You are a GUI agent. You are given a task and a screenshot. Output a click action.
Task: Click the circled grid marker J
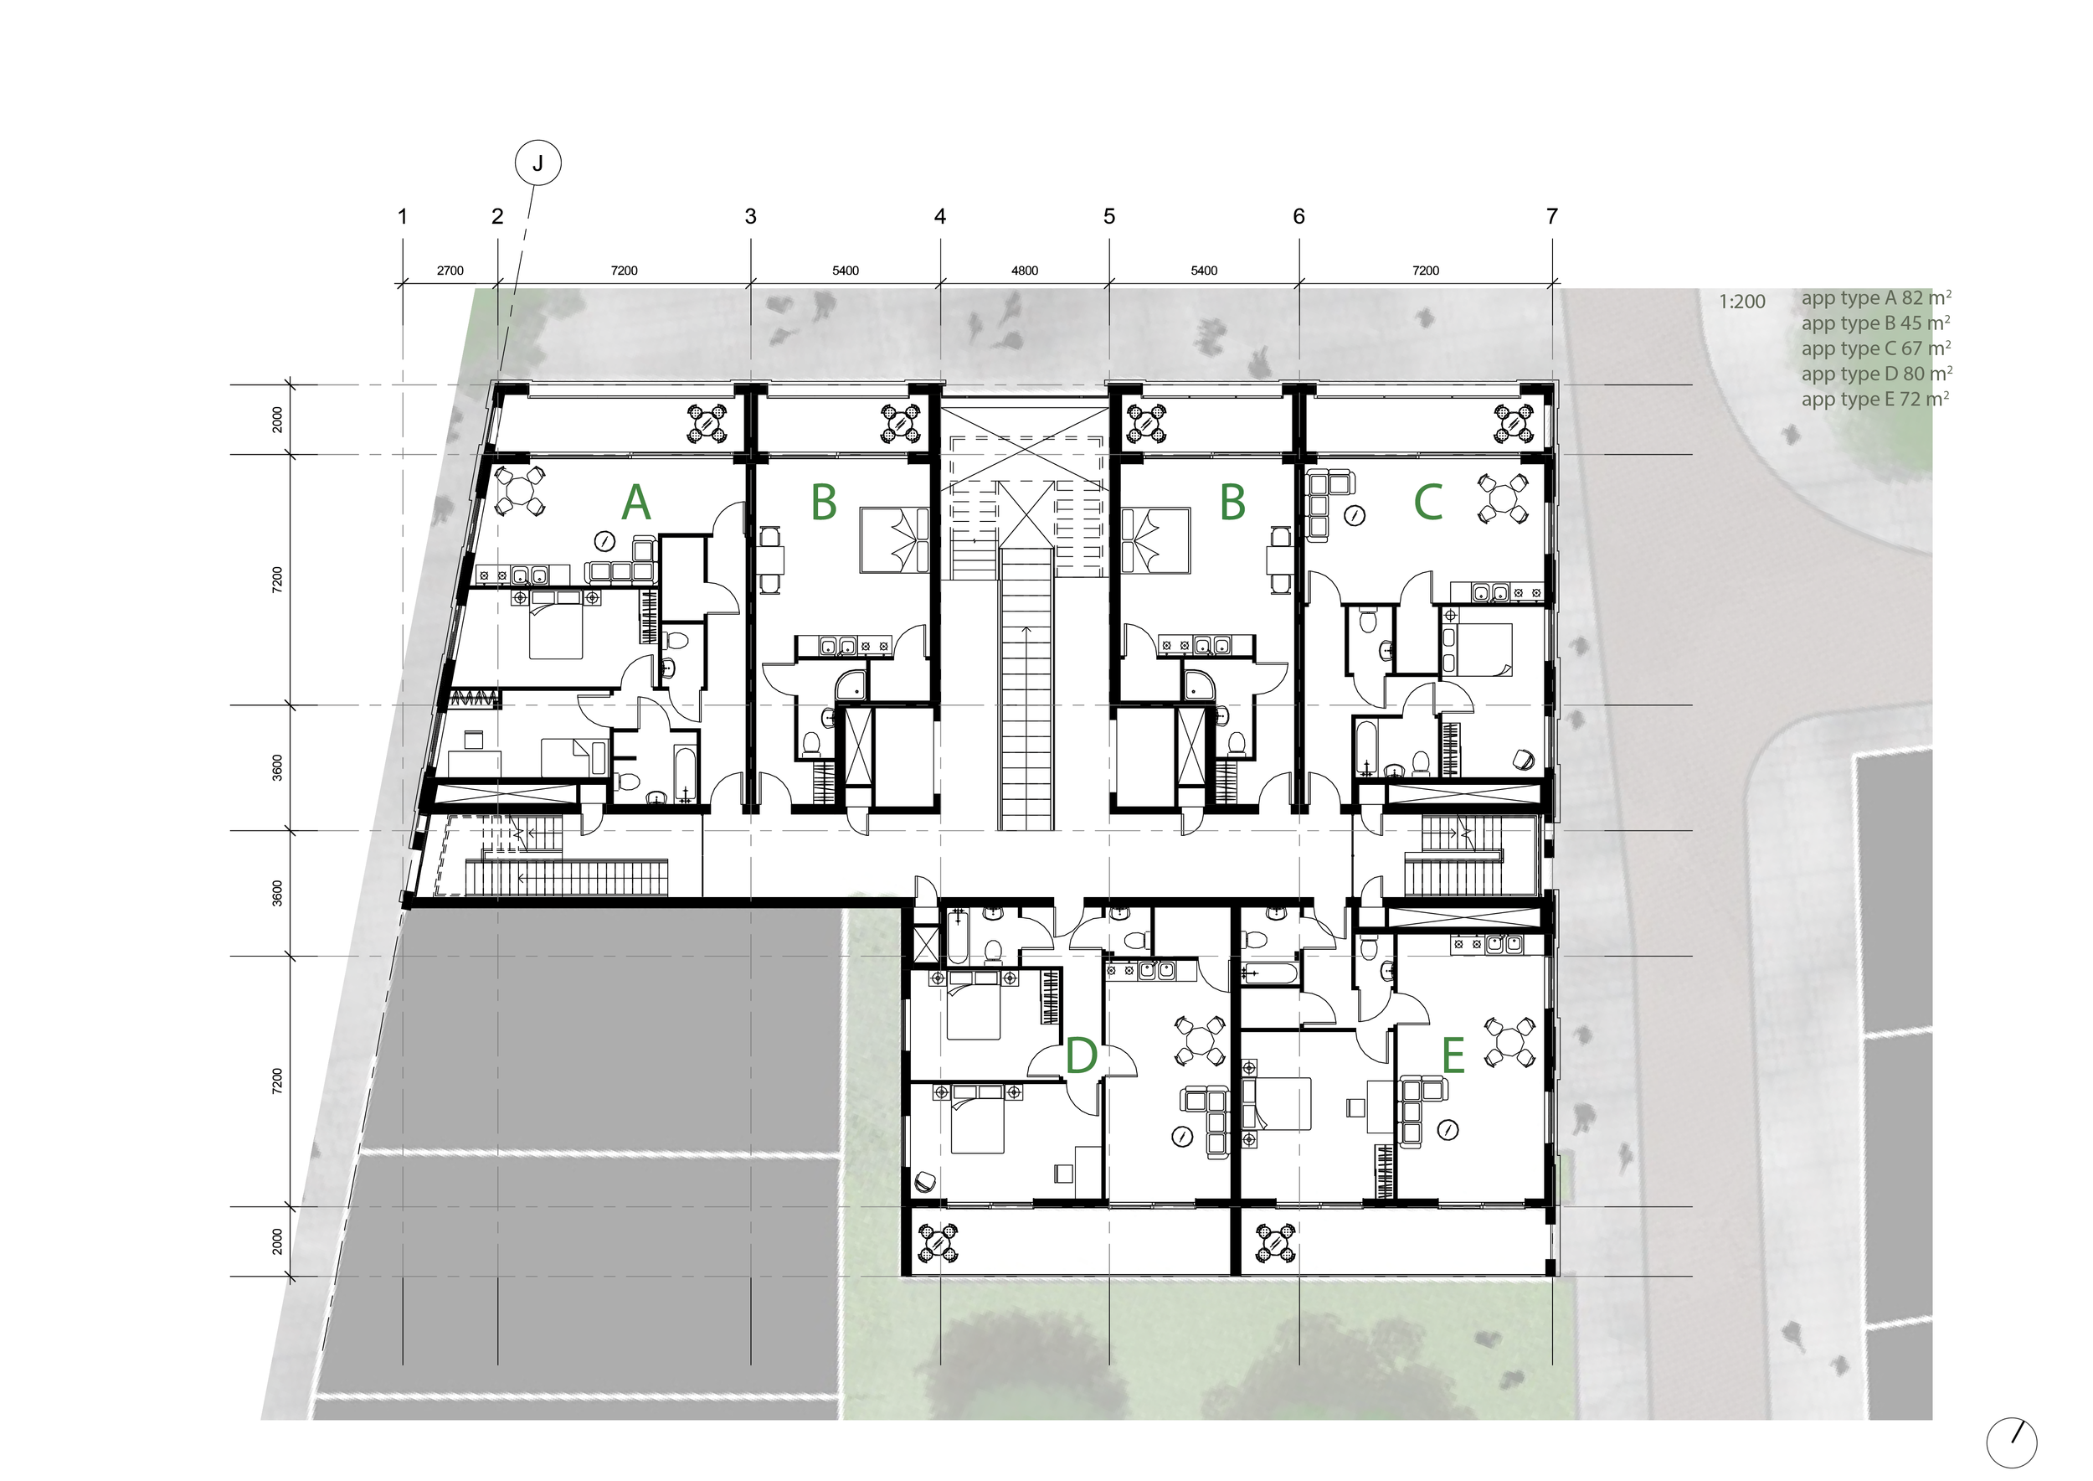point(537,164)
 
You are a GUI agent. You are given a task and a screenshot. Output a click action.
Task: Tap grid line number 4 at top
point(940,217)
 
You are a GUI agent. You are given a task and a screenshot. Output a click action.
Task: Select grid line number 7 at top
point(1551,217)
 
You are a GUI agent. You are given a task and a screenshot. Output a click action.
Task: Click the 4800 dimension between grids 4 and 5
point(1024,271)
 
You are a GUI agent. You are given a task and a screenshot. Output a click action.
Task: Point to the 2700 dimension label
point(450,271)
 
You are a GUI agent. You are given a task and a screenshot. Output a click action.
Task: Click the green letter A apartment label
point(635,503)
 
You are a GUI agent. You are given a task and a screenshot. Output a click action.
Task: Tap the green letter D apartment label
point(1080,1057)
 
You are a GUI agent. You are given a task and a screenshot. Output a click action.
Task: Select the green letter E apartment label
point(1453,1057)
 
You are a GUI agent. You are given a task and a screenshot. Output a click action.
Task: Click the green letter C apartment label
point(1427,503)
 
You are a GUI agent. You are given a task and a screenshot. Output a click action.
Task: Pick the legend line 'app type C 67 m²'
point(1875,348)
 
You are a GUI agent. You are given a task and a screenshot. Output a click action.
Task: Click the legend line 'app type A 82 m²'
point(1875,298)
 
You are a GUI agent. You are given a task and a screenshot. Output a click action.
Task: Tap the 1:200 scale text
point(1741,302)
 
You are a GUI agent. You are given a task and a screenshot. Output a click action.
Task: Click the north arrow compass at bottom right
point(2011,1442)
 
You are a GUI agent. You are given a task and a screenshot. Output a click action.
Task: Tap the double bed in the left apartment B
point(894,539)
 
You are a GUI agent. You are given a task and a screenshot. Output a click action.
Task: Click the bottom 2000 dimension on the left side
point(278,1241)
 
